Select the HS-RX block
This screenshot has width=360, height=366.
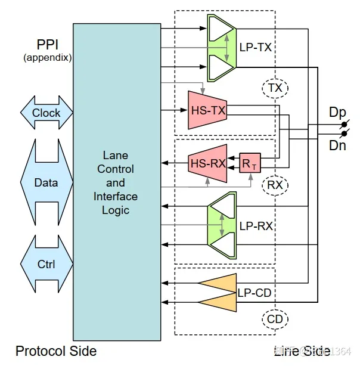[x=207, y=163]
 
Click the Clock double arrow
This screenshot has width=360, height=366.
[x=46, y=113]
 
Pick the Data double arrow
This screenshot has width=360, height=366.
[x=46, y=182]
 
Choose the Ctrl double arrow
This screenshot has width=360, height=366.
[x=46, y=263]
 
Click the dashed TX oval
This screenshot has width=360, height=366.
[x=275, y=88]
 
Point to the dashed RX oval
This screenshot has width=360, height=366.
[x=275, y=185]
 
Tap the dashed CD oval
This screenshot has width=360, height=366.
[x=275, y=320]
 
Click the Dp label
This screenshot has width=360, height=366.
[x=337, y=112]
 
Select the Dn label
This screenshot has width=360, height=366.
[x=337, y=145]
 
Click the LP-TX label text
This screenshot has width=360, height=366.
[x=255, y=47]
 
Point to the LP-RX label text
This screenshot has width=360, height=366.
[x=255, y=227]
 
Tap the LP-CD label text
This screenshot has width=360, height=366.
[x=255, y=293]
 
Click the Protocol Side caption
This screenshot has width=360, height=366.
[x=56, y=351]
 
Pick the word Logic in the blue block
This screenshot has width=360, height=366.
[x=116, y=209]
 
